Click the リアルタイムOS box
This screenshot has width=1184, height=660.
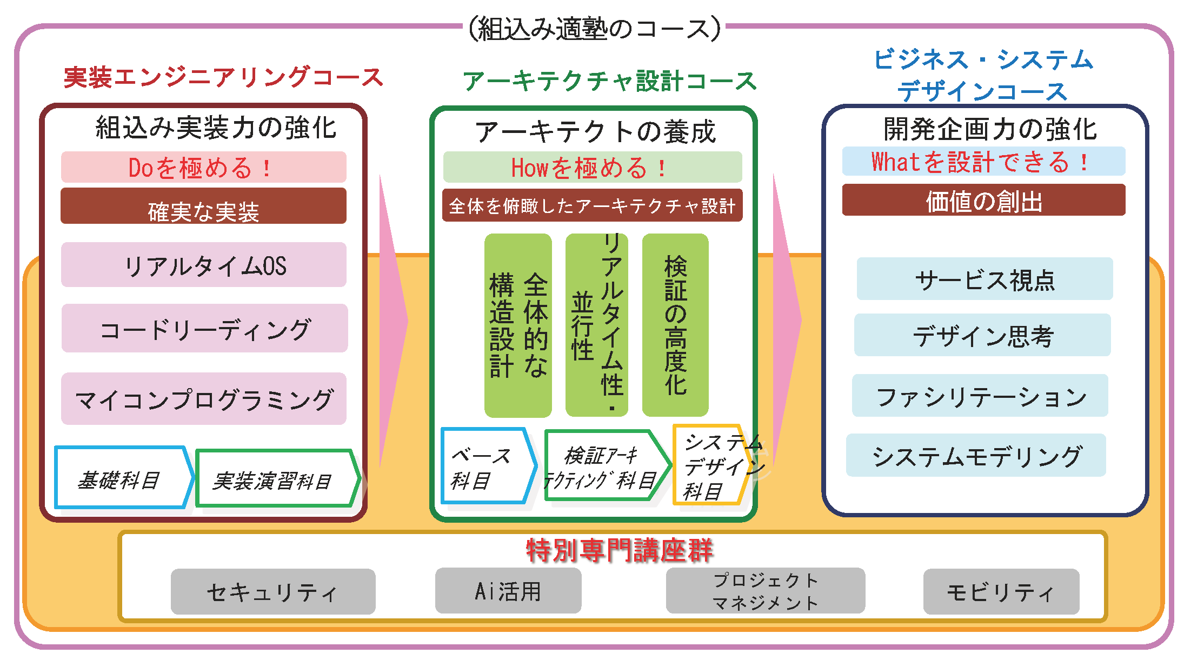click(204, 264)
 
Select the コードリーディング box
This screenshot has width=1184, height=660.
click(204, 328)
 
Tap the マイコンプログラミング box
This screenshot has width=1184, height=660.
click(204, 398)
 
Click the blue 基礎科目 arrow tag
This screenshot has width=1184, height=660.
click(124, 478)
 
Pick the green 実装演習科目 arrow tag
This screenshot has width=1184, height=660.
click(278, 479)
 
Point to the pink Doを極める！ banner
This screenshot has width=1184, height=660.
click(204, 167)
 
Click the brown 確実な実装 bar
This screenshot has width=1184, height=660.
click(203, 206)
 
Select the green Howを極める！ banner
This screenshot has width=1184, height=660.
click(593, 167)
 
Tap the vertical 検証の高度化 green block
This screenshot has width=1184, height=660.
click(675, 325)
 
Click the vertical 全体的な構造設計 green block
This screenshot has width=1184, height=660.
click(518, 325)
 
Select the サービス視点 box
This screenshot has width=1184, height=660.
click(985, 279)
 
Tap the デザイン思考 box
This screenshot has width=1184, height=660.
click(982, 335)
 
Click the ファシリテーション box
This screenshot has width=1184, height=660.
click(980, 396)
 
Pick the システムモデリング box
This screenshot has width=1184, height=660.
click(976, 455)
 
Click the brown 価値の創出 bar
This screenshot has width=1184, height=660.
click(984, 200)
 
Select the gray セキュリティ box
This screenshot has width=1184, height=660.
click(273, 591)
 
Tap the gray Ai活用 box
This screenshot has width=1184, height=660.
click(508, 590)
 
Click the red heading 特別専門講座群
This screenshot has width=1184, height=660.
click(620, 550)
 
